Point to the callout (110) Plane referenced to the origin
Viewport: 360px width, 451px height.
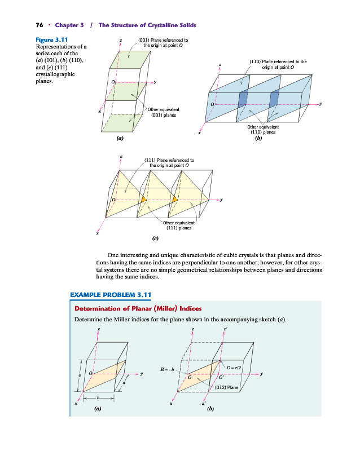tap(278, 63)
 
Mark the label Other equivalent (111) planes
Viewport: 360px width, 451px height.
tap(180, 225)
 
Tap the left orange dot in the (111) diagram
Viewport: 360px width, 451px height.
tap(144, 200)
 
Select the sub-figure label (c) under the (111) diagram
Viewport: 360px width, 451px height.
tap(155, 238)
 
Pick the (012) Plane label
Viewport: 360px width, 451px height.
tap(227, 388)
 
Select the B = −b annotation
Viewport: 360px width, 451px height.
tap(168, 370)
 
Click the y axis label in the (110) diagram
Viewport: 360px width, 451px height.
tap(321, 104)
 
